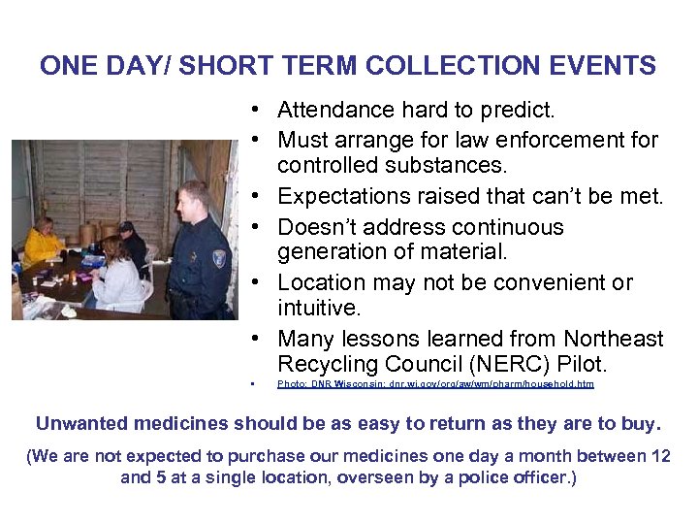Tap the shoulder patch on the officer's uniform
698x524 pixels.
click(219, 258)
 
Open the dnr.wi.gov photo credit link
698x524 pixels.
click(435, 384)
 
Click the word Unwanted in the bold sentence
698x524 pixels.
click(83, 424)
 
